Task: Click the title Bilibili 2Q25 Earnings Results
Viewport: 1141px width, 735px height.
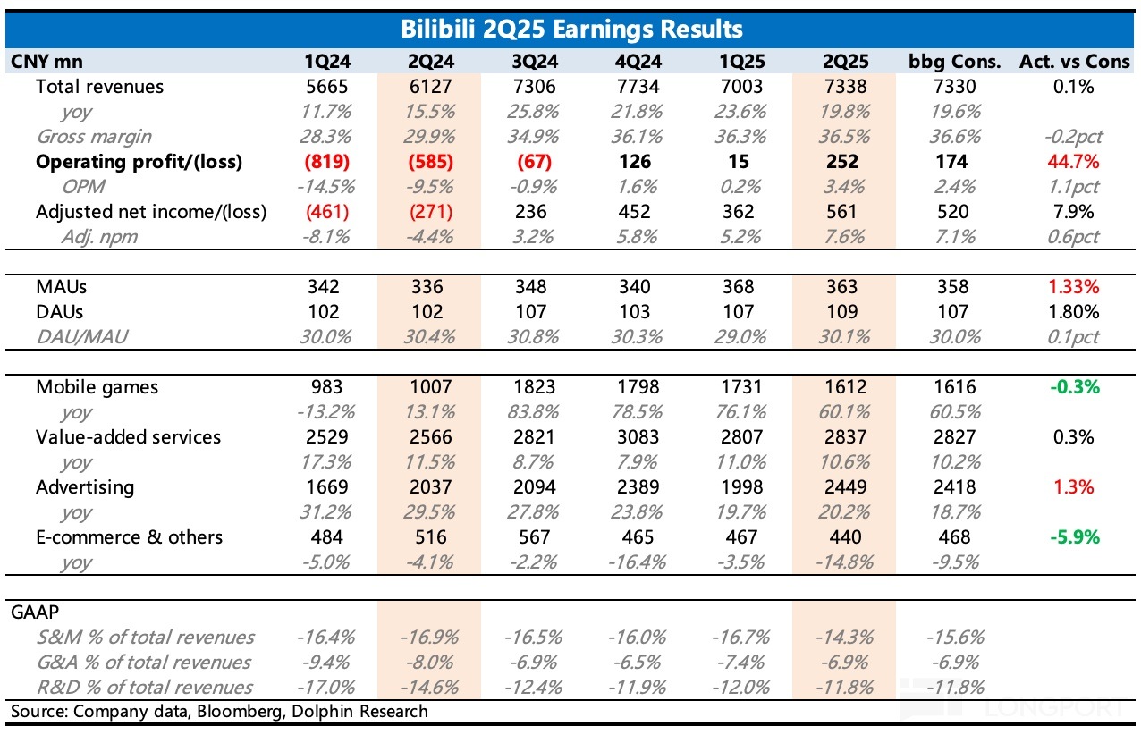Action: click(570, 30)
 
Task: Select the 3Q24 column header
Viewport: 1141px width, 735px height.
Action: click(531, 62)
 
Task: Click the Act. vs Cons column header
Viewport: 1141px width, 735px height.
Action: click(1073, 62)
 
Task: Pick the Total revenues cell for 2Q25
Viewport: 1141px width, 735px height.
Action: click(842, 87)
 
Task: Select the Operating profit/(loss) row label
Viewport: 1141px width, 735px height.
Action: click(139, 162)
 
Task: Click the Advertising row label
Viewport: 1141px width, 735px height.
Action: click(85, 487)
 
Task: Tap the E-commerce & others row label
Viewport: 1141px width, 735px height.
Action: click(130, 537)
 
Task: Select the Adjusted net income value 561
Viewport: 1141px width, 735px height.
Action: click(842, 212)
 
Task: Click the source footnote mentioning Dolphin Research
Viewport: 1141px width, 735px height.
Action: click(219, 712)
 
